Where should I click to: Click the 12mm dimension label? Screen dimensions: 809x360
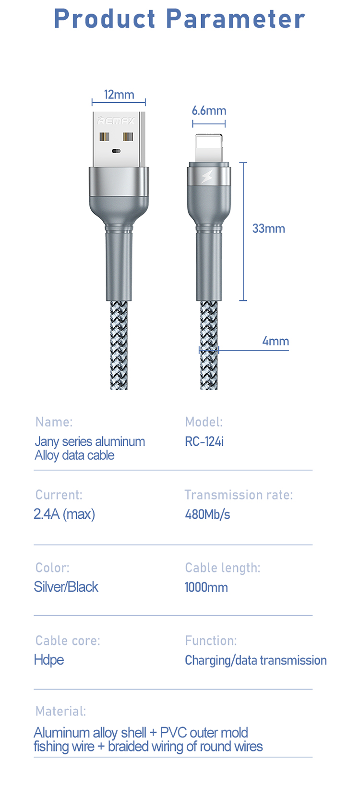pyautogui.click(x=119, y=95)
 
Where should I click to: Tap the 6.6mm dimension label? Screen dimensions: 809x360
pyautogui.click(x=209, y=111)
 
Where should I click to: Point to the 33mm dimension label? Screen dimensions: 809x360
pyautogui.click(x=268, y=228)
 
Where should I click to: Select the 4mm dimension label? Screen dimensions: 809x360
pyautogui.click(x=276, y=341)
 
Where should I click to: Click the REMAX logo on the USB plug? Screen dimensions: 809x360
pyautogui.click(x=116, y=121)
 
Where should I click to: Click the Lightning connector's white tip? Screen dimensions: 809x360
pyautogui.click(x=209, y=148)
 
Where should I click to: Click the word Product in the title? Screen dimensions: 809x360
pyautogui.click(x=104, y=19)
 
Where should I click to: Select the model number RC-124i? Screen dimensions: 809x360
pyautogui.click(x=204, y=441)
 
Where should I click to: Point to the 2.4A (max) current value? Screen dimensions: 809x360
pyautogui.click(x=64, y=514)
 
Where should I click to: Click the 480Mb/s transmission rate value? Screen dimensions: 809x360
pyautogui.click(x=207, y=514)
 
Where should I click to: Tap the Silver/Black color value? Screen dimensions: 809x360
pyautogui.click(x=66, y=587)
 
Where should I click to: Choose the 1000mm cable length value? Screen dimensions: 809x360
pyautogui.click(x=206, y=587)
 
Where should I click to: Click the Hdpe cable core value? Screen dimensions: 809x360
pyautogui.click(x=48, y=660)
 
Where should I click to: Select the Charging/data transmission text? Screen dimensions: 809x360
pyautogui.click(x=255, y=660)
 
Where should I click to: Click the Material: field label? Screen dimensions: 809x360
pyautogui.click(x=60, y=711)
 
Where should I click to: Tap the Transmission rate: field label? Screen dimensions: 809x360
pyautogui.click(x=239, y=495)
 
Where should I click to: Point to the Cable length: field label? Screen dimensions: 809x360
pyautogui.click(x=222, y=568)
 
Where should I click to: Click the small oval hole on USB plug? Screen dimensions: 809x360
pyautogui.click(x=116, y=151)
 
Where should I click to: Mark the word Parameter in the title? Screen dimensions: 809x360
pyautogui.click(x=235, y=19)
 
